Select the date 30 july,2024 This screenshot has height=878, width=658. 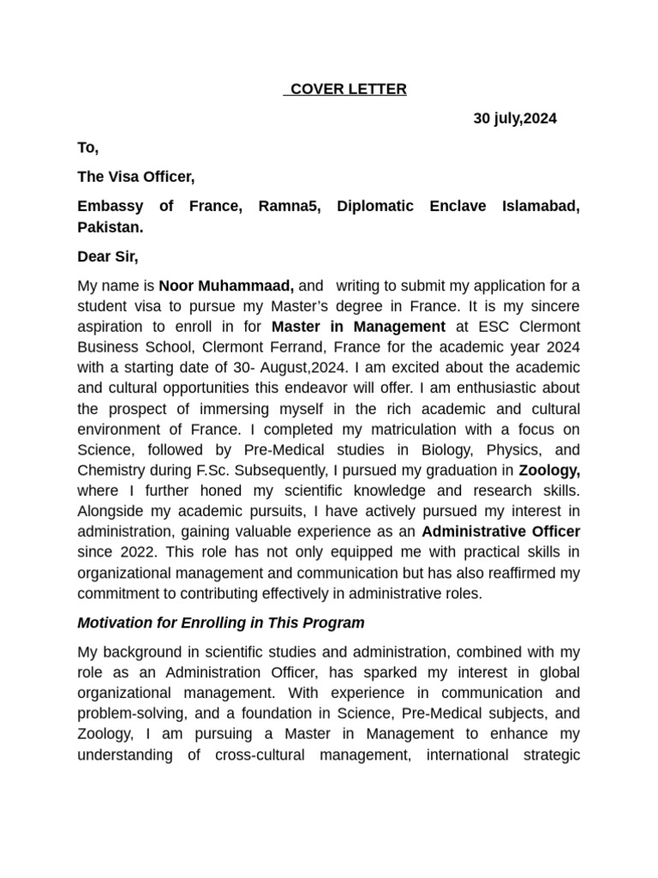(515, 118)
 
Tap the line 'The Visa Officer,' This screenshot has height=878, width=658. (136, 177)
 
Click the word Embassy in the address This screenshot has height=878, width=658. (109, 207)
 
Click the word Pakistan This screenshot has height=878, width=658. (111, 227)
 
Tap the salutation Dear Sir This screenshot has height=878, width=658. (107, 256)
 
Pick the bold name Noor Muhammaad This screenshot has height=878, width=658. (226, 286)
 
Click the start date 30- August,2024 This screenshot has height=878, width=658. (287, 368)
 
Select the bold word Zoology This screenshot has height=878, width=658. (549, 471)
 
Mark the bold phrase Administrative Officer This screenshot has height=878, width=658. (500, 532)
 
